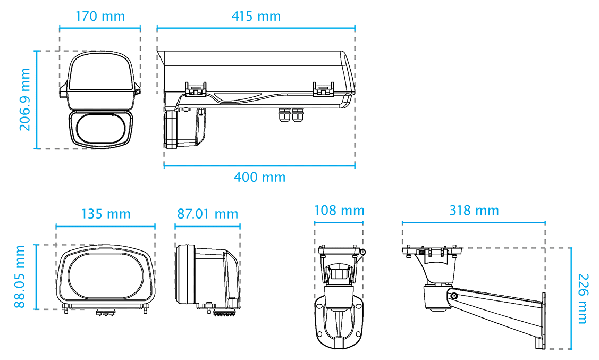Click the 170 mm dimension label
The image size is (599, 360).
tap(100, 16)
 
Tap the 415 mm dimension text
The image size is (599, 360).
tap(256, 16)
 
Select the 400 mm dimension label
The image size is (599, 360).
tap(259, 177)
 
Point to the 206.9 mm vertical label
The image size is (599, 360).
tap(25, 99)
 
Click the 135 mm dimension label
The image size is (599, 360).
tap(106, 214)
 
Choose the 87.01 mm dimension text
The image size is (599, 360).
tap(207, 214)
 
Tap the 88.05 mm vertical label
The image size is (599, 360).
tap(20, 277)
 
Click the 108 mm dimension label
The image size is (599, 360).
tap(339, 211)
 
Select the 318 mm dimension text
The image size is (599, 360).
tap(474, 211)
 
